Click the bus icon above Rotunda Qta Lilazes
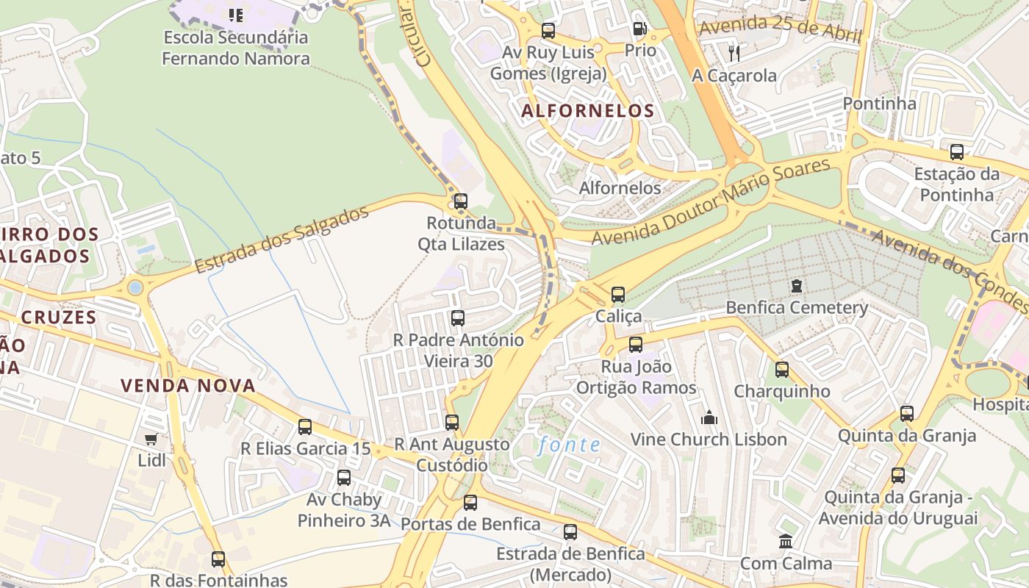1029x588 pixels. tap(460, 201)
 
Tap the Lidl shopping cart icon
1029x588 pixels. tap(151, 439)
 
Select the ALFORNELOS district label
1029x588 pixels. tap(587, 111)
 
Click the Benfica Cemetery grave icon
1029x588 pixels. tap(796, 285)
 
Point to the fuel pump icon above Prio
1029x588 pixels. tap(639, 29)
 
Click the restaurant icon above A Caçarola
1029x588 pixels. tap(734, 53)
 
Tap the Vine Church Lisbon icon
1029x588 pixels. tap(709, 417)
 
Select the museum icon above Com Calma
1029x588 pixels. tap(786, 542)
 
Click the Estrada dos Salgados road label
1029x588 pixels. tap(282, 240)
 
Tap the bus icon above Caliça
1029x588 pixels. tap(618, 295)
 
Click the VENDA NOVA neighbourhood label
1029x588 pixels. tap(188, 385)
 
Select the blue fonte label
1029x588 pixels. tap(569, 445)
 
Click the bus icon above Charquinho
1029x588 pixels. tap(782, 370)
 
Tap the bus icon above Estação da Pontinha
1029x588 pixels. tap(956, 152)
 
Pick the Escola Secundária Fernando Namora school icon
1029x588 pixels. tap(235, 15)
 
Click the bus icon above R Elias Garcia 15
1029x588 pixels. tap(305, 426)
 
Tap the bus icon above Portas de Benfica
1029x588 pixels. tap(470, 503)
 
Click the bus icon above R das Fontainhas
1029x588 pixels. tap(218, 559)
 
